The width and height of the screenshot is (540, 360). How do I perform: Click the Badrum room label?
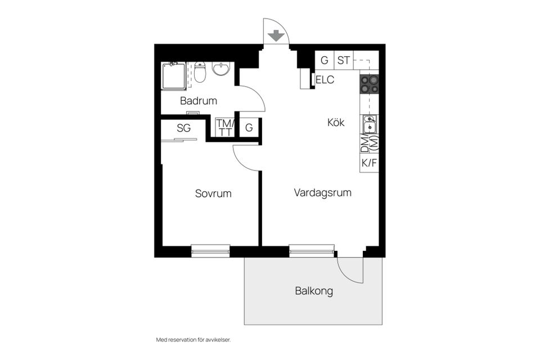[199, 101]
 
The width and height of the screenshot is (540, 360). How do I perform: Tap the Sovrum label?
[213, 193]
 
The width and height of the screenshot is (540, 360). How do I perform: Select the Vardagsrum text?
[322, 193]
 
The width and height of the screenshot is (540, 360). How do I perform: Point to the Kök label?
[336, 122]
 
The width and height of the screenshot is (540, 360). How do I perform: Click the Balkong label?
[314, 291]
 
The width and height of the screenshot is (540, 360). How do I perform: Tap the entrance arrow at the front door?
[276, 36]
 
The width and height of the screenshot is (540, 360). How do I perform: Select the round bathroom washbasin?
[221, 69]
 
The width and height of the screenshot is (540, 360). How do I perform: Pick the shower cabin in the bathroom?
[173, 76]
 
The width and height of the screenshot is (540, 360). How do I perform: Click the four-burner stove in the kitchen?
[370, 84]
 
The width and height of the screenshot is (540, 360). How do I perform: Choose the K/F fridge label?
[369, 163]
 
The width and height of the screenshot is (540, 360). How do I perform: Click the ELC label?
[325, 80]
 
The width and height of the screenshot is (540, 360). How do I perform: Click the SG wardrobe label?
[184, 128]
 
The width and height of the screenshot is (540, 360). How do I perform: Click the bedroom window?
[210, 251]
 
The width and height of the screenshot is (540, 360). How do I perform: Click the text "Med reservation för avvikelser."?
[193, 340]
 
